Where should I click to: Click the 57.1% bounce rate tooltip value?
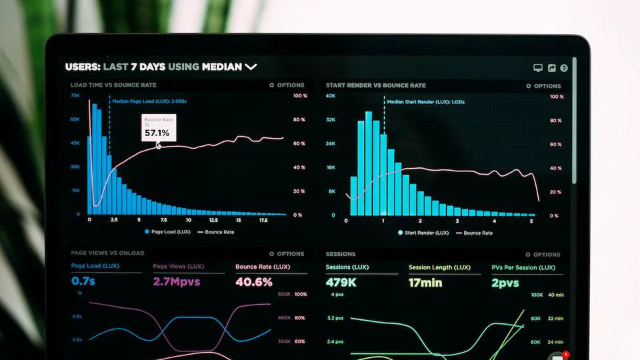(157, 133)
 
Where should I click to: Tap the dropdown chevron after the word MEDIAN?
(251, 67)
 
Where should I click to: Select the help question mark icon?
(564, 68)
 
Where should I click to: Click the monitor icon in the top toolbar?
(538, 68)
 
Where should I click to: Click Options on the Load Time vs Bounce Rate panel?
(287, 85)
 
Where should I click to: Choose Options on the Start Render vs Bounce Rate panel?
(543, 86)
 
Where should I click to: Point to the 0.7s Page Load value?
(83, 281)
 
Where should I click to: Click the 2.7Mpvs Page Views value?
(177, 281)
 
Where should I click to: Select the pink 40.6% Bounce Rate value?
(254, 282)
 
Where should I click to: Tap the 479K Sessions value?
(341, 282)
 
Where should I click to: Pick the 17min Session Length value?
(425, 282)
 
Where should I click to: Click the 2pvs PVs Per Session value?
(505, 282)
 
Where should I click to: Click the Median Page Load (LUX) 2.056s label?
(149, 101)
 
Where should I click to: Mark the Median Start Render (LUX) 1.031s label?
(425, 102)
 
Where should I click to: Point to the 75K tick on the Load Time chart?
(75, 96)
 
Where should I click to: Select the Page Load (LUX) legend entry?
(167, 232)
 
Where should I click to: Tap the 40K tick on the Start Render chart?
(330, 97)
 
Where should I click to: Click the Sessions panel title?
(341, 254)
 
